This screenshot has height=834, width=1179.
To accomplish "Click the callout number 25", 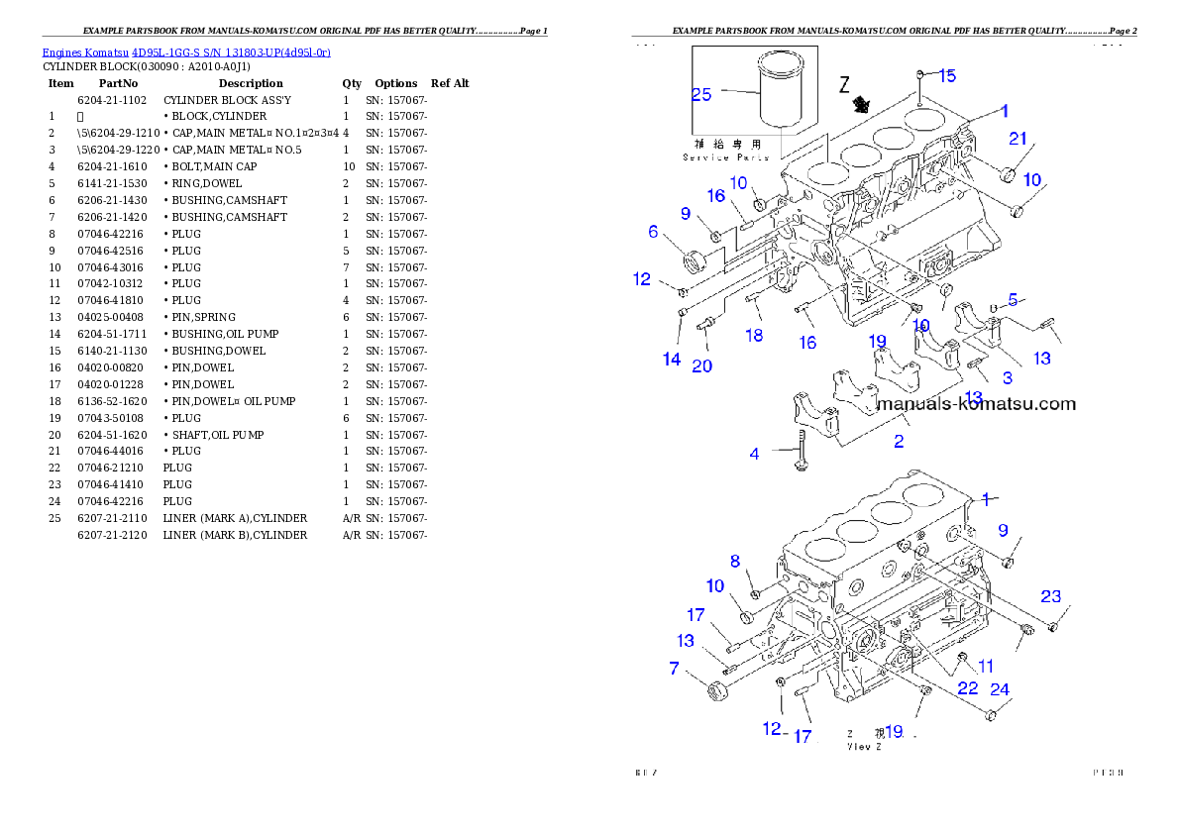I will [701, 95].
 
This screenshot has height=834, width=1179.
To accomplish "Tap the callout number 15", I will [947, 75].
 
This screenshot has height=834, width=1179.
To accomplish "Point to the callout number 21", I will [1018, 138].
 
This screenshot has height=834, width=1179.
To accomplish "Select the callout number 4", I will [755, 454].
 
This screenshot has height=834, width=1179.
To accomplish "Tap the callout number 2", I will [899, 442].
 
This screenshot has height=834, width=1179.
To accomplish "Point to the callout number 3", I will [1007, 377].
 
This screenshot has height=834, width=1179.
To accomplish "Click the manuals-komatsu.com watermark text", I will [977, 404].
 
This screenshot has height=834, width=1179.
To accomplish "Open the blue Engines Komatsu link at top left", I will [186, 52].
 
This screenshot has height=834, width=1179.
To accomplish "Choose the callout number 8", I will [735, 562].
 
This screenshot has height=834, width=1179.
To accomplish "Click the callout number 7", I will [675, 669].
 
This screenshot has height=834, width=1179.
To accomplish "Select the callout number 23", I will [1050, 596].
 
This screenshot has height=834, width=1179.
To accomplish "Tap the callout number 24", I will [1000, 689].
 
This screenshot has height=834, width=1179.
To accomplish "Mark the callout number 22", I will [967, 687].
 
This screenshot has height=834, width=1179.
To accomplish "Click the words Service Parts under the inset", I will [726, 157].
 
